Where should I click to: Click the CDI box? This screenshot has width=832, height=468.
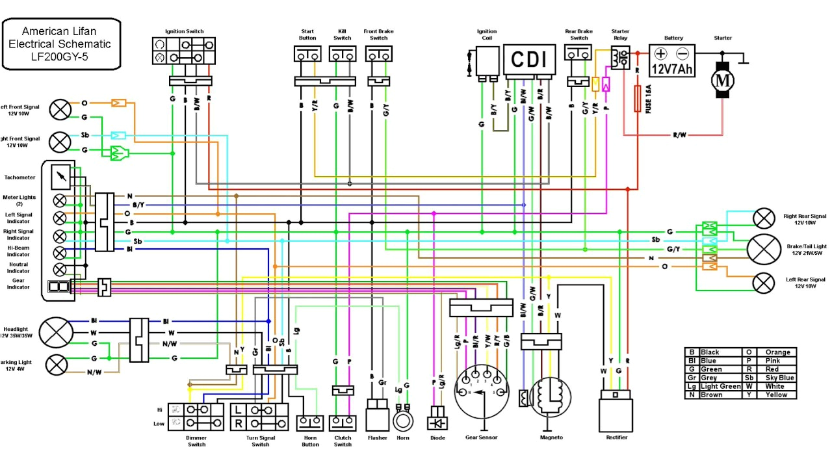click(x=529, y=59)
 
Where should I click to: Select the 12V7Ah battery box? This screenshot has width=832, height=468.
click(x=671, y=60)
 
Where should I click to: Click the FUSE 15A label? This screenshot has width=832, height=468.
click(x=649, y=101)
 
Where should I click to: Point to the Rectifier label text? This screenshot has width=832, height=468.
click(x=617, y=437)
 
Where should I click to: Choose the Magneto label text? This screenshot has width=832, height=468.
click(x=551, y=437)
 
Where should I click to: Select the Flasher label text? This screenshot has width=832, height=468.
click(x=377, y=437)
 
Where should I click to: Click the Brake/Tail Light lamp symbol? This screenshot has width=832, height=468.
click(x=764, y=248)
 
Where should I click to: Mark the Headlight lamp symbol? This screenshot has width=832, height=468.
click(x=57, y=333)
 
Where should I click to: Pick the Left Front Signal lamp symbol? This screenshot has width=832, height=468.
click(x=60, y=109)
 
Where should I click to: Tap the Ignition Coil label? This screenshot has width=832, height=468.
click(x=487, y=34)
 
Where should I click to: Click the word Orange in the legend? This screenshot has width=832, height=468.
click(x=777, y=352)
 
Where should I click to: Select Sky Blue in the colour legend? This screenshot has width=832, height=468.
click(x=777, y=378)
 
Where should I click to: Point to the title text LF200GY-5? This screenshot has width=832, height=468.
click(x=61, y=57)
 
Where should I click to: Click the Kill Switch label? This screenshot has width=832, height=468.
click(x=343, y=34)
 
